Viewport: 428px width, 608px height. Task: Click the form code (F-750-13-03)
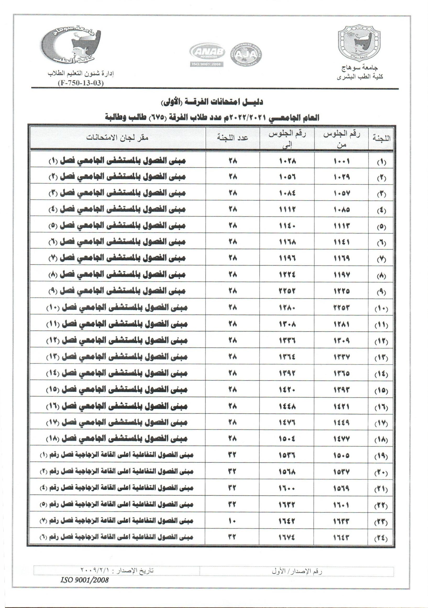80,83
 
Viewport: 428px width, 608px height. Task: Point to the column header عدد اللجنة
233,138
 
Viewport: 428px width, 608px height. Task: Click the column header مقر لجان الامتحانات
118,138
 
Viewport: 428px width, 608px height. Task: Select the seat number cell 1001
341,161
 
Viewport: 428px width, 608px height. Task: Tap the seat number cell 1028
287,161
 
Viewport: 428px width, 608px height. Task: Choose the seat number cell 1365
341,374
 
